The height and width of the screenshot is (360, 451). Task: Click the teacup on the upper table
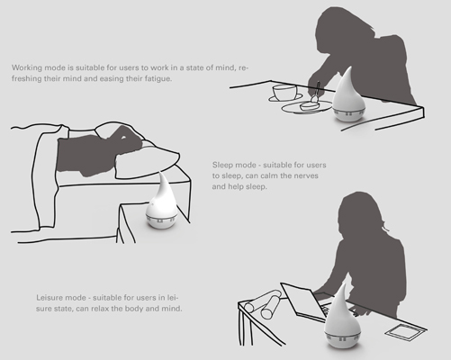(x=284, y=93)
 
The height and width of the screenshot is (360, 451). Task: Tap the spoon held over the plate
(x=316, y=93)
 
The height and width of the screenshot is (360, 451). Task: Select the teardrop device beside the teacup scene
(x=349, y=94)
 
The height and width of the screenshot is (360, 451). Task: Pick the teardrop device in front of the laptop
(x=342, y=317)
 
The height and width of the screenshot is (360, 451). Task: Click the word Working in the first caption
(x=27, y=67)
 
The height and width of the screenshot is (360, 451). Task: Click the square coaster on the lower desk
(x=405, y=331)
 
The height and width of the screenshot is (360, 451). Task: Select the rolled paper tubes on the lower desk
(x=263, y=303)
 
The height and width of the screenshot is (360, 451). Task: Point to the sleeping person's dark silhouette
(x=96, y=151)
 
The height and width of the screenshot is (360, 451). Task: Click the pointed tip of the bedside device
(x=161, y=173)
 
